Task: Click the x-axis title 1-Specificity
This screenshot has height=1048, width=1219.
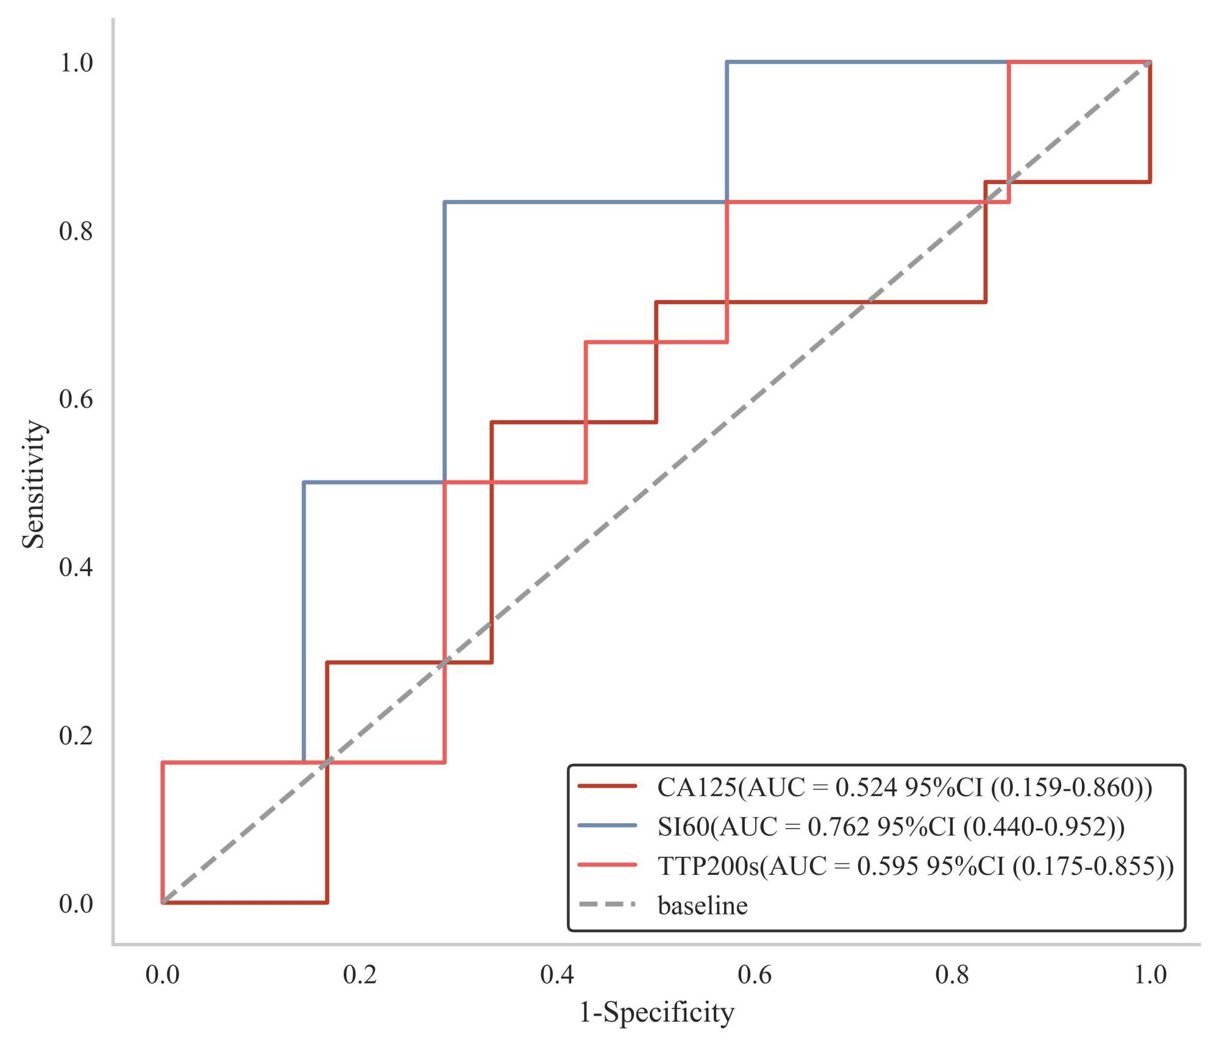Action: [656, 1013]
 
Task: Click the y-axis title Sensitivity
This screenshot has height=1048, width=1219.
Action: [34, 484]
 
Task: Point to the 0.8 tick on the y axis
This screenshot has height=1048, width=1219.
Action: [76, 231]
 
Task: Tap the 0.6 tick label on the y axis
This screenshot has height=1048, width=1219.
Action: [76, 399]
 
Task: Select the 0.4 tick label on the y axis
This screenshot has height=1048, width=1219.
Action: [76, 568]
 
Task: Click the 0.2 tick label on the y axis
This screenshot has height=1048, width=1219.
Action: [76, 736]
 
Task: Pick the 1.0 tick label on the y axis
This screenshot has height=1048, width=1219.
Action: [76, 63]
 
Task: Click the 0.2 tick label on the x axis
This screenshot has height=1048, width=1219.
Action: [360, 975]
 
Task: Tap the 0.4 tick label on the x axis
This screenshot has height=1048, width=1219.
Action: [557, 975]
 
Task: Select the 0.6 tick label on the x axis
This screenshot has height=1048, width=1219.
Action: [755, 975]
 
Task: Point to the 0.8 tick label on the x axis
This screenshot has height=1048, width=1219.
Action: [952, 975]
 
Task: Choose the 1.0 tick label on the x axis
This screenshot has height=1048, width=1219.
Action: [1150, 975]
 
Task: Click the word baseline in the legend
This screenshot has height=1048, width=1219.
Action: [703, 905]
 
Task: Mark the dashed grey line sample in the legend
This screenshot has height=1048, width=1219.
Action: [607, 904]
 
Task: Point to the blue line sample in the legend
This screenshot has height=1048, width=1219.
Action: [607, 825]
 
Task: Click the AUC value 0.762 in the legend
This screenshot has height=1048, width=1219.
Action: [838, 827]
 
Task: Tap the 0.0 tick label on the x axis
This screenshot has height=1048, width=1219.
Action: [162, 975]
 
